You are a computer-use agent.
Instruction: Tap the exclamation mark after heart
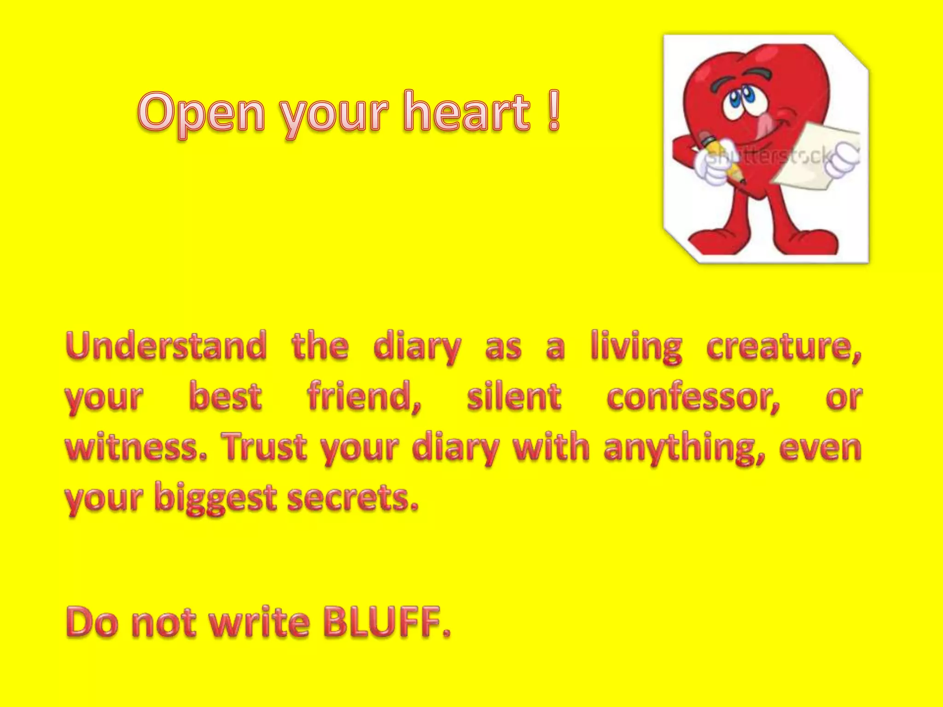pos(554,110)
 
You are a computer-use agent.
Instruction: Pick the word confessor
pos(693,397)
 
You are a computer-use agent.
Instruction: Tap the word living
pos(636,346)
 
